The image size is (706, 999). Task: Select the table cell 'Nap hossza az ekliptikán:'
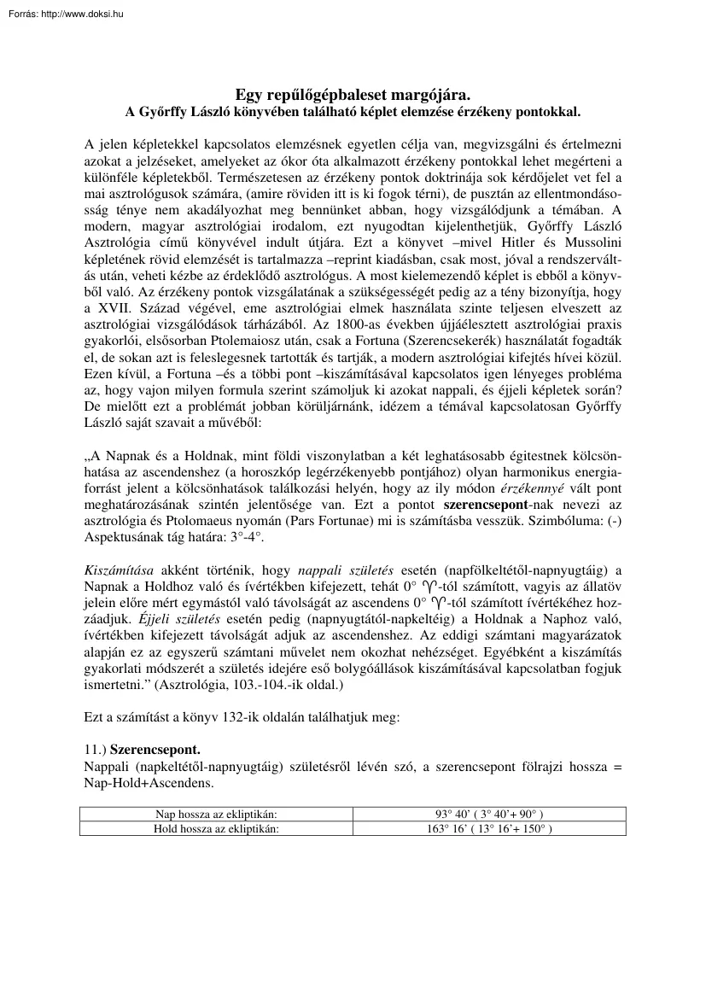[217, 814]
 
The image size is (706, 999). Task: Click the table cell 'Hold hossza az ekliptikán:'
[217, 828]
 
